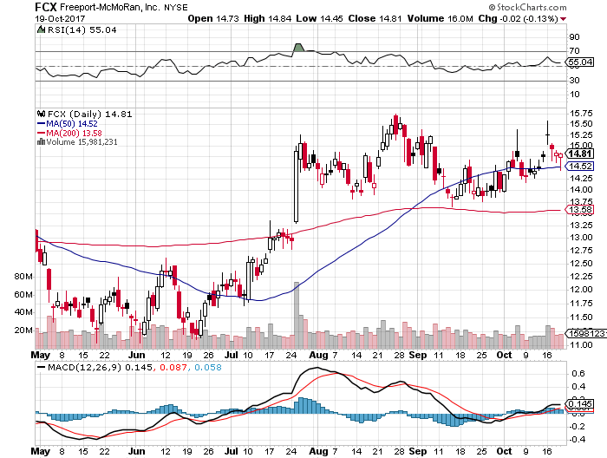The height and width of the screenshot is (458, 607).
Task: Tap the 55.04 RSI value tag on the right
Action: click(x=579, y=62)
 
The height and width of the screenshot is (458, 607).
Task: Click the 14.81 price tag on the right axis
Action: click(x=578, y=154)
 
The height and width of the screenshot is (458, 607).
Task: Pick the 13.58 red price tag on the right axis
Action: click(x=578, y=210)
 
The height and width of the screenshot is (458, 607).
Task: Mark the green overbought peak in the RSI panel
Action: click(x=299, y=47)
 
